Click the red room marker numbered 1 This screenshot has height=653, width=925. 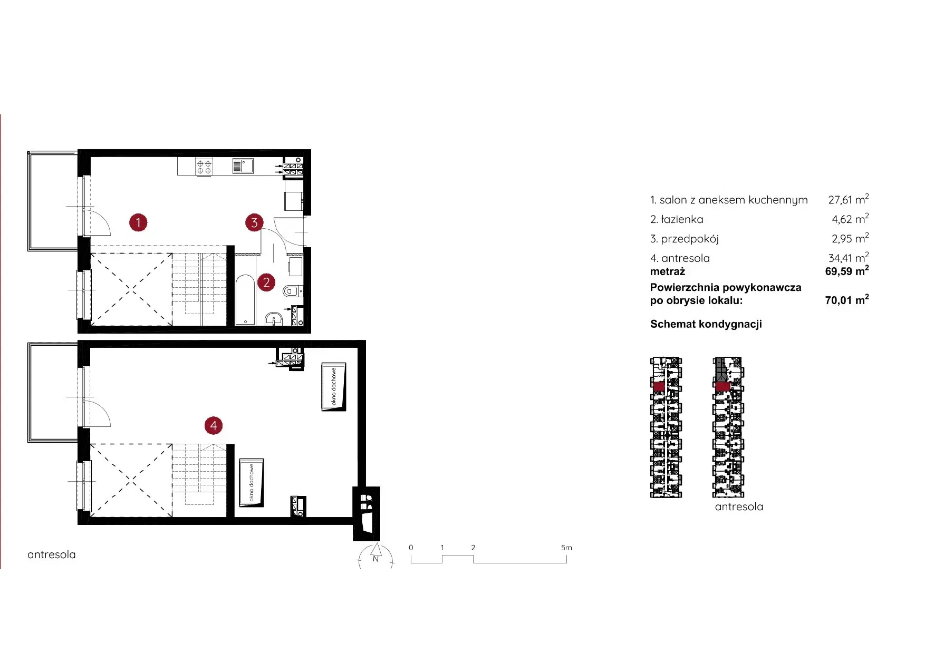pos(138,222)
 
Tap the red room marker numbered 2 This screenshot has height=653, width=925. pos(266,283)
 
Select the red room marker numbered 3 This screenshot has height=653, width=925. pos(254,222)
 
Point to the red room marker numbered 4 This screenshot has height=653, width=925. pos(214,425)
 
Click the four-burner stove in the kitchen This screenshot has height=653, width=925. pos(204,167)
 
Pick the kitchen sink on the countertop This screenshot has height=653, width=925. pos(243,166)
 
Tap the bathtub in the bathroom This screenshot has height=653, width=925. pos(245,299)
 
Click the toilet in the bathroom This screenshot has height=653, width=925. pos(292,290)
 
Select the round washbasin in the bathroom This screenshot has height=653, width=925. pos(274,319)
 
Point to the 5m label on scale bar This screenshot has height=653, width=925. pos(566,548)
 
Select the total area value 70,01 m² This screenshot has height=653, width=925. pos(847,300)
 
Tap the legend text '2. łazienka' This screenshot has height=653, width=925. pos(677,219)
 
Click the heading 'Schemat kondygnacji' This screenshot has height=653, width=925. pos(706,324)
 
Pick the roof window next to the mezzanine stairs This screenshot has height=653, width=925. pos(252,482)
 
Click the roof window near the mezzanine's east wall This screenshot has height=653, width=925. pos(334,386)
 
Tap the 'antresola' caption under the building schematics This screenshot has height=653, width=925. pos(739,506)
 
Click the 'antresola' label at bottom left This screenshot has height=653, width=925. pos(52,554)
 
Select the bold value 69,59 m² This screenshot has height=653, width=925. pos(847,271)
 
